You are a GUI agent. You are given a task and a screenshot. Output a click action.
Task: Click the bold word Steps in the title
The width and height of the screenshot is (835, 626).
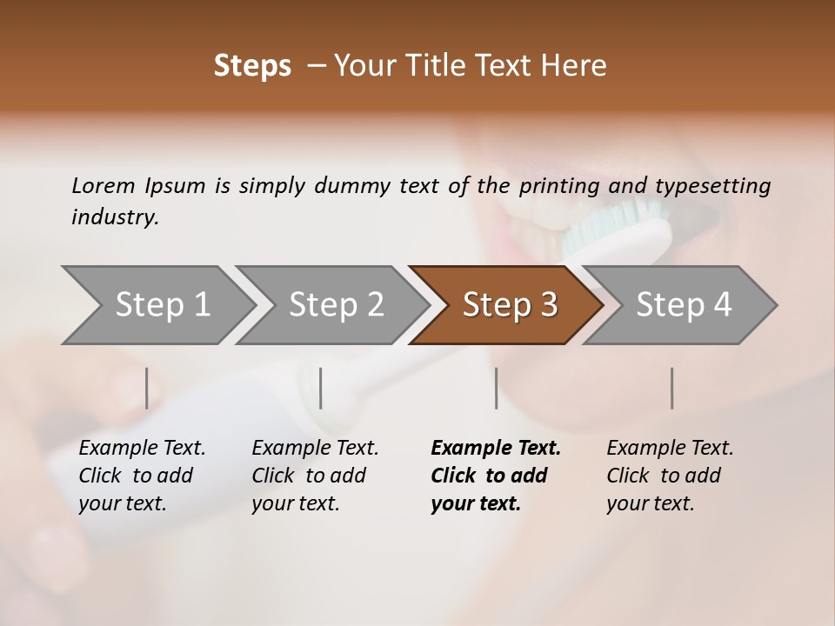pyautogui.click(x=252, y=66)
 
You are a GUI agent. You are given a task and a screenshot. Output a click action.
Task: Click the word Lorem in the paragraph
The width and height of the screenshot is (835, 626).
pyautogui.click(x=104, y=186)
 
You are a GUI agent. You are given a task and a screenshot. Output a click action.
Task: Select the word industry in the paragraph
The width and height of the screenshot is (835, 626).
pyautogui.click(x=114, y=217)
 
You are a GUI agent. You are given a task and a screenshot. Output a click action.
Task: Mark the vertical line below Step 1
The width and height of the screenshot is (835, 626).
pyautogui.click(x=147, y=388)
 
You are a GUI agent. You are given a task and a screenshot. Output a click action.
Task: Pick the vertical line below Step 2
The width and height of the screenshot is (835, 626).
pyautogui.click(x=321, y=388)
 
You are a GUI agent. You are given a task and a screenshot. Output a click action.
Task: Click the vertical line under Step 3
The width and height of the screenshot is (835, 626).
pyautogui.click(x=496, y=388)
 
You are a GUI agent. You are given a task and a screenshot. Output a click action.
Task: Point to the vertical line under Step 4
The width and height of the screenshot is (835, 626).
pyautogui.click(x=671, y=388)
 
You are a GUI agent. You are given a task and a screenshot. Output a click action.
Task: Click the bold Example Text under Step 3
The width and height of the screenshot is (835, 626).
pyautogui.click(x=496, y=449)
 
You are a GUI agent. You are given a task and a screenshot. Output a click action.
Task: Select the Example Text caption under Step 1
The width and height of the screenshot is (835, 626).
pyautogui.click(x=142, y=449)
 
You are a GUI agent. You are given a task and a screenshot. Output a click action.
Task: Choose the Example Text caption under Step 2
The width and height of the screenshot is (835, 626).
pyautogui.click(x=315, y=449)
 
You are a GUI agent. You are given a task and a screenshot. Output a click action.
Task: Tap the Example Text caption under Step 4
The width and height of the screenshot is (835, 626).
pyautogui.click(x=670, y=449)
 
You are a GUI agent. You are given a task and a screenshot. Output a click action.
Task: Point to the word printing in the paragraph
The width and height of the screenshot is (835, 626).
pyautogui.click(x=557, y=186)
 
